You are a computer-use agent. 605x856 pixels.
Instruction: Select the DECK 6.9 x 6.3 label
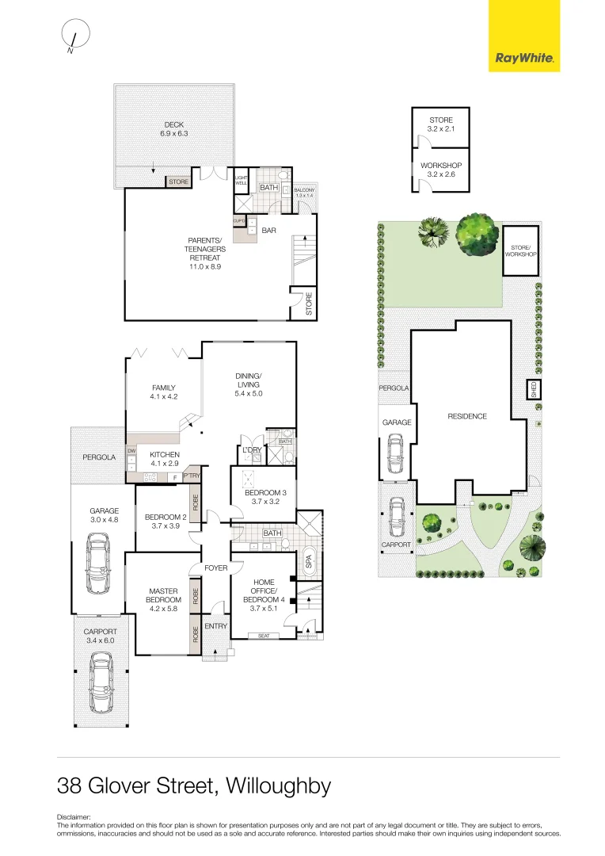173,129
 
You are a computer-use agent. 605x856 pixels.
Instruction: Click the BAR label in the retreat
268,231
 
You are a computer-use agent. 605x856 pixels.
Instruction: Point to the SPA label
309,562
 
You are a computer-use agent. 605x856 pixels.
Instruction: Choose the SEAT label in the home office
263,636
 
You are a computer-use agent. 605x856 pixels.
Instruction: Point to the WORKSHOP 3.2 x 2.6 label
440,170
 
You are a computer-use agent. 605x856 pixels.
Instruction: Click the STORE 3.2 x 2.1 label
440,124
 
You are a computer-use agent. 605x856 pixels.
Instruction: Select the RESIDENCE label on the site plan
467,416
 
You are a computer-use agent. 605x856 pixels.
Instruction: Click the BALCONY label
303,193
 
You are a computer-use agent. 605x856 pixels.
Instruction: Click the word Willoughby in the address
278,786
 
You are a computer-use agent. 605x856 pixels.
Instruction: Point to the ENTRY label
215,626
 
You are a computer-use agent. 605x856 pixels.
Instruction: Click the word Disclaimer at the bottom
74,816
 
